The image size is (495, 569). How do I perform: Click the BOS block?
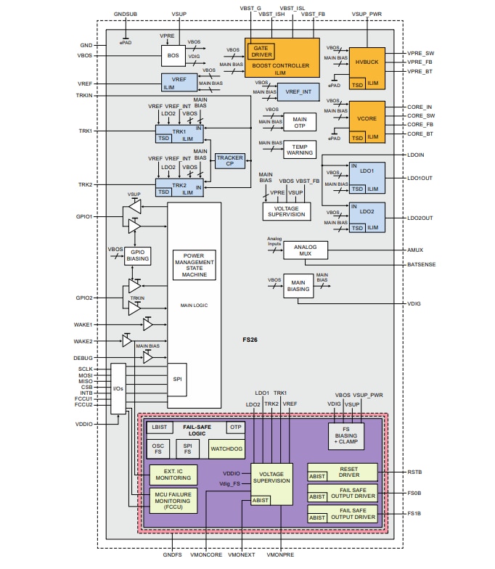click(173, 55)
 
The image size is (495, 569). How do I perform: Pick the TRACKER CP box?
click(229, 161)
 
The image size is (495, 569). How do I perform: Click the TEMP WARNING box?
click(299, 149)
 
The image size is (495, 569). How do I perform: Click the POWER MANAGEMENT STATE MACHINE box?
click(194, 265)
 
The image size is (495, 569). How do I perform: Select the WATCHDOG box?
click(226, 449)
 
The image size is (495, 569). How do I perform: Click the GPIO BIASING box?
click(138, 255)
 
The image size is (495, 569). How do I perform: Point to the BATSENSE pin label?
click(421, 264)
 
